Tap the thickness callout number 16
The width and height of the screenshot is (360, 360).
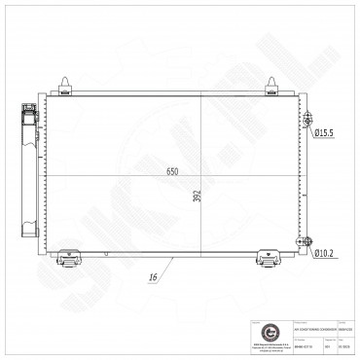coord(153,277)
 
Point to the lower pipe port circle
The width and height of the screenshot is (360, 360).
coord(309,242)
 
